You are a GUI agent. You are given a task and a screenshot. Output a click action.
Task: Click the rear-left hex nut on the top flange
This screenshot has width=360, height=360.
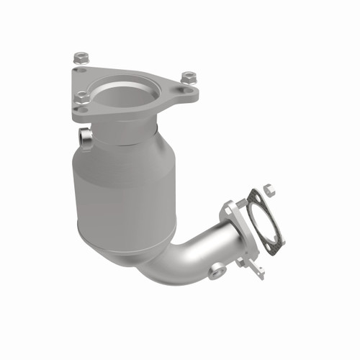click(80, 56)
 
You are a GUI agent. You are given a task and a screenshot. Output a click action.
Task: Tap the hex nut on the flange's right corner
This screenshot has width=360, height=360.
click(189, 76)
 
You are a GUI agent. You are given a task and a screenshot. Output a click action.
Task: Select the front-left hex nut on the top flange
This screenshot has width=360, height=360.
click(82, 95)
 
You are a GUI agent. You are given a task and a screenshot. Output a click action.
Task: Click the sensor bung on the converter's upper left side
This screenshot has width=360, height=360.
click(86, 138)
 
